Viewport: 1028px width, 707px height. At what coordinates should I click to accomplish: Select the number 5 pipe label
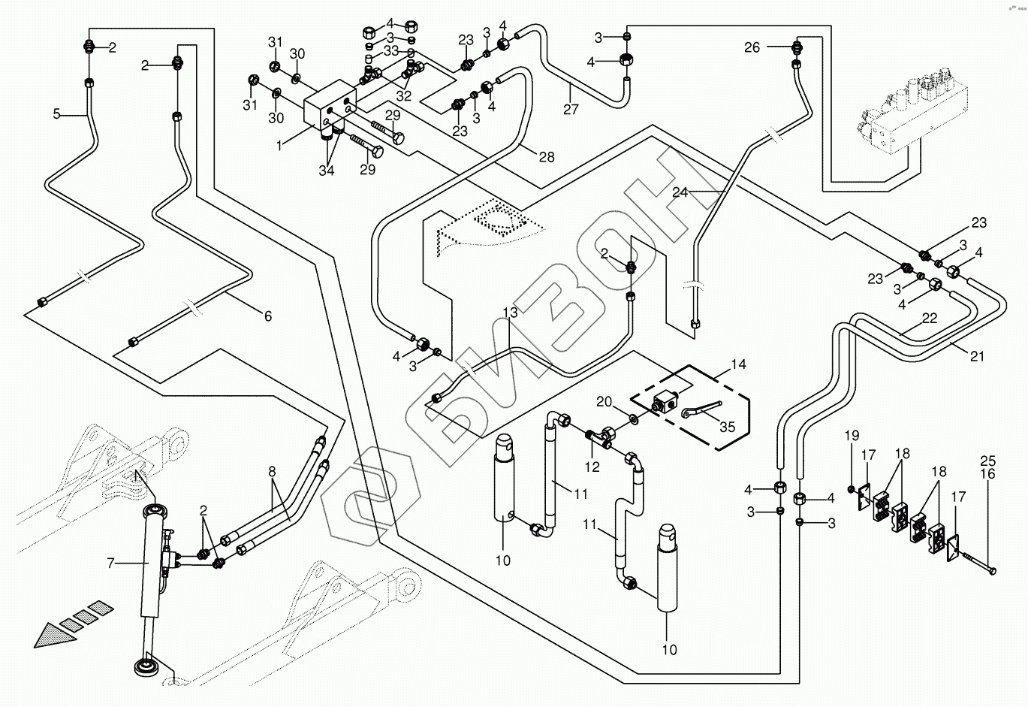point(56,115)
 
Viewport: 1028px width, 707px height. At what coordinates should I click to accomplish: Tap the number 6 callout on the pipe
point(267,316)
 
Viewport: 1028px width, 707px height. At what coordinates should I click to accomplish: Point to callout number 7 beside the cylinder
point(111,561)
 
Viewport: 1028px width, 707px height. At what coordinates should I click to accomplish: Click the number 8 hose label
point(272,473)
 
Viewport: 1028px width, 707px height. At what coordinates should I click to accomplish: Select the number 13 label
point(511,312)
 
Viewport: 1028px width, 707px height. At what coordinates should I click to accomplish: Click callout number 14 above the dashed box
point(738,364)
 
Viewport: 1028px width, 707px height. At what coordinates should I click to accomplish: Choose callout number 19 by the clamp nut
point(851,435)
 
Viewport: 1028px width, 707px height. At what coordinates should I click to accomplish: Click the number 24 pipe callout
point(680,192)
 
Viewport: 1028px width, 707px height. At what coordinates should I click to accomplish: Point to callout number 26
point(752,47)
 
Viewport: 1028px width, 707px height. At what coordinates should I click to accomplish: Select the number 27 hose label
point(571,110)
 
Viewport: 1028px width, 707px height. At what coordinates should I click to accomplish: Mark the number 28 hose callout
point(547,156)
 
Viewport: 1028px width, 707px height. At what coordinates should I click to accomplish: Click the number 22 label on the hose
point(930,319)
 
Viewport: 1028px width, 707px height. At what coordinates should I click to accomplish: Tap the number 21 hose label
point(976,357)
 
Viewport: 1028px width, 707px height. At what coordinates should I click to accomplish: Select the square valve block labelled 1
point(329,109)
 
